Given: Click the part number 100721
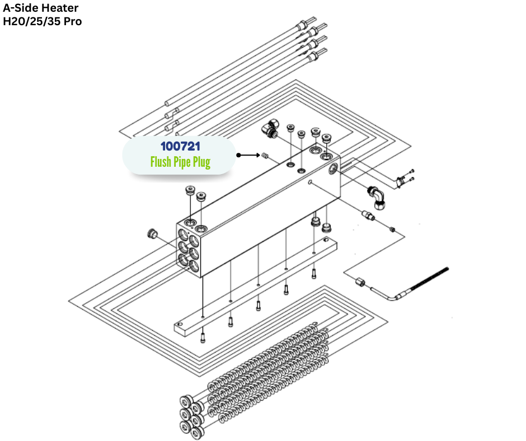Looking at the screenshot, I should (180, 147).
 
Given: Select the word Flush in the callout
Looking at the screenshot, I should (163, 162).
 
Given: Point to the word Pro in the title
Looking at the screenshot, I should (72, 22).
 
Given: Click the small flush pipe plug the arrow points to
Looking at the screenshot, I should (266, 156).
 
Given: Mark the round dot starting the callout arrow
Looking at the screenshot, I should (238, 154).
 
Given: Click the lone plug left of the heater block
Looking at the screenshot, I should (151, 232).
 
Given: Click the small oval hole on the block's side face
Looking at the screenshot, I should (310, 182).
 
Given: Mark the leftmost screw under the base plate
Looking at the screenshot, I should (203, 337).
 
